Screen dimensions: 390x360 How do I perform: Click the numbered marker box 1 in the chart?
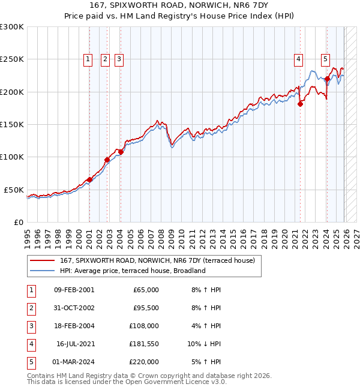88,59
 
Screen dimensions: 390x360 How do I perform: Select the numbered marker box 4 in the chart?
298,59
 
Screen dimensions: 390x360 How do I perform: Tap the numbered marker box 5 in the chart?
325,59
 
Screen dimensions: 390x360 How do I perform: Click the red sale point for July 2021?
301,104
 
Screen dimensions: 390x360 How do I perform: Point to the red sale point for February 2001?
89,179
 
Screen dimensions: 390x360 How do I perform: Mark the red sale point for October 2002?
107,160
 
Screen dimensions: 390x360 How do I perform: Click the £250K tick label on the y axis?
12,59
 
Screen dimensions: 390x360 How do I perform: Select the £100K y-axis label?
12,157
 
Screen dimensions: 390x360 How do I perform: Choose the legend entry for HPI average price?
133,271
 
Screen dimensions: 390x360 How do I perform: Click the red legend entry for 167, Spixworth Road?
157,260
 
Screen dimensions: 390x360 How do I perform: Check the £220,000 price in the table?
144,362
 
